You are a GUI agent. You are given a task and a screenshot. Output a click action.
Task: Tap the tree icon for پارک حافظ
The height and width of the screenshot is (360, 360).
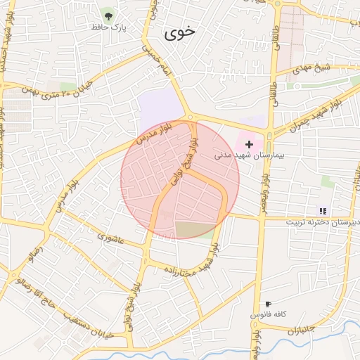108,14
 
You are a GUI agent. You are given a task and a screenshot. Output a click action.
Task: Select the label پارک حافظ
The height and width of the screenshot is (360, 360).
108,27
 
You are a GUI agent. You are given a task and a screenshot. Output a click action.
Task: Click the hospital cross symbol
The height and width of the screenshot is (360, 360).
249,143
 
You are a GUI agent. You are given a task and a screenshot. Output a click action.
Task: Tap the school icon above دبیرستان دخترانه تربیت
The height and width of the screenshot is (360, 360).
323,210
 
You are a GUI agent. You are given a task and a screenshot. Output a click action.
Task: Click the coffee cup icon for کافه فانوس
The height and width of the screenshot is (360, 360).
267,304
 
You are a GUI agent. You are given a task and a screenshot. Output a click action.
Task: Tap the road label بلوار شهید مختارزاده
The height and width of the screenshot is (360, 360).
190,261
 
